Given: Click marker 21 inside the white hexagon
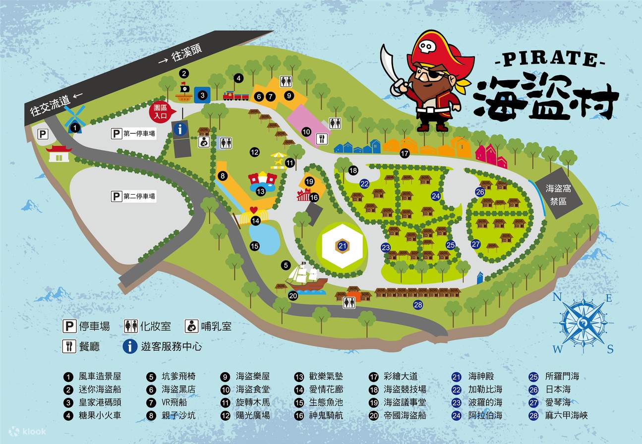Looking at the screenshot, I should coord(343,246).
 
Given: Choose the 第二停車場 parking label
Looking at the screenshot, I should coord(133,197).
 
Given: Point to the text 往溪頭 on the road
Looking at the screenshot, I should coord(186,55).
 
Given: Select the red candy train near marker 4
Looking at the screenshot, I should coord(235,96).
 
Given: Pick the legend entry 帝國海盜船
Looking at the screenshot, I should coord(405,415).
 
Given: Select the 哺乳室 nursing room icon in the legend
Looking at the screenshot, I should coord(192,326).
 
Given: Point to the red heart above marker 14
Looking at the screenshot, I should coord(254,210).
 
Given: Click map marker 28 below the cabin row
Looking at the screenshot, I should coord(418,305).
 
